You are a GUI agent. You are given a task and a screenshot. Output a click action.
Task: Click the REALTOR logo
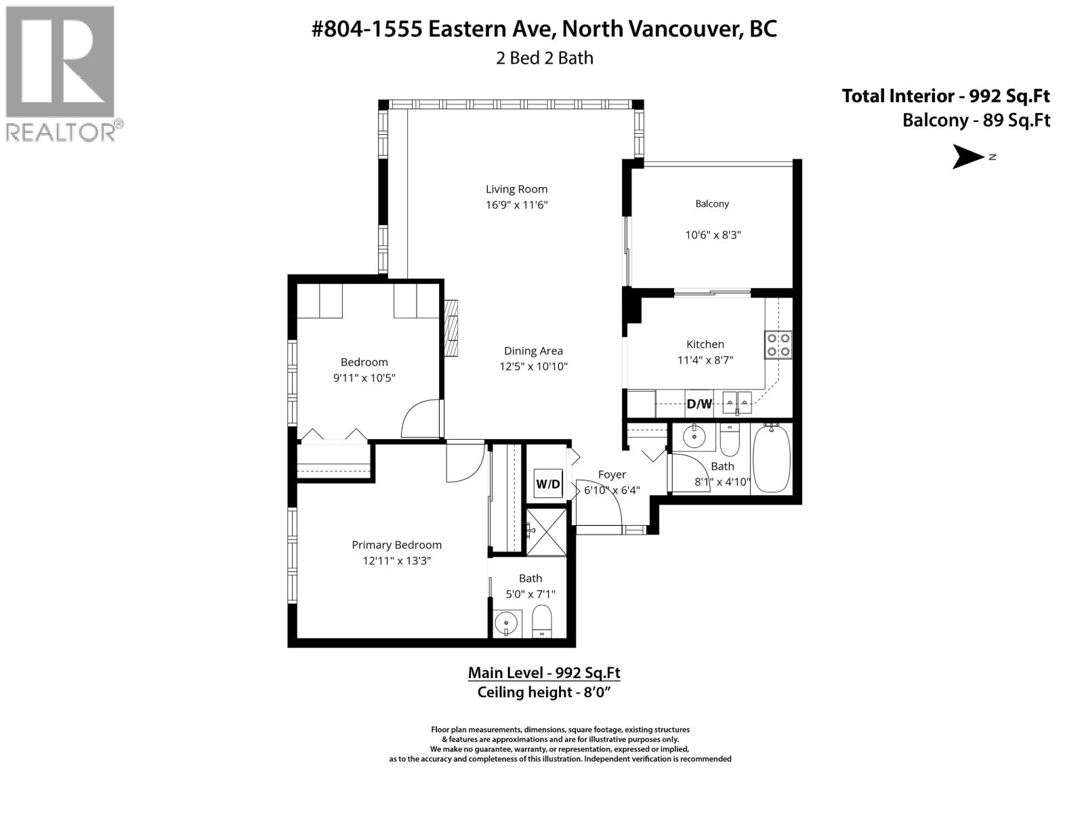point(62,73)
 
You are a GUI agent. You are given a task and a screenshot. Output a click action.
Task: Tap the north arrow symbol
point(969,157)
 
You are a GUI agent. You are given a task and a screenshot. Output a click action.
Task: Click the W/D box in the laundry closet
point(548,484)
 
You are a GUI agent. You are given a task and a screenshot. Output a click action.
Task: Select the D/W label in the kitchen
point(699,404)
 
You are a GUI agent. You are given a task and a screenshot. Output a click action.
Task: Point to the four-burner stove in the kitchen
point(778,344)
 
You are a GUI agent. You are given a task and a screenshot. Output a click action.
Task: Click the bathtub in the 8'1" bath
point(771,459)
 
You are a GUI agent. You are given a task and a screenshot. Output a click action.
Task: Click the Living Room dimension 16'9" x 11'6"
point(516,205)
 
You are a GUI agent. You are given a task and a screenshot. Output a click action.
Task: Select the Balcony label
point(712,203)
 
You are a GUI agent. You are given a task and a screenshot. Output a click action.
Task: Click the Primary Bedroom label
point(396,545)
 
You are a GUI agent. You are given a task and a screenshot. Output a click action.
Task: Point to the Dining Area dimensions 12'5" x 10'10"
point(533,367)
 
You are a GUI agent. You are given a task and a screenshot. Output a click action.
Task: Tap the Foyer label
point(612,474)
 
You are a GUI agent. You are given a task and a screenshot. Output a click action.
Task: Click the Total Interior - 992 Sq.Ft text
point(946,96)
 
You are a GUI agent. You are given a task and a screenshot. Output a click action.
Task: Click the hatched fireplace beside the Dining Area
point(451,328)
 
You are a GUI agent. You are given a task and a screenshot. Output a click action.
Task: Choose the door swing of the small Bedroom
point(422,420)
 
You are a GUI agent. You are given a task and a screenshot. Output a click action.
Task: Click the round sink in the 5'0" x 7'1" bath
point(505,621)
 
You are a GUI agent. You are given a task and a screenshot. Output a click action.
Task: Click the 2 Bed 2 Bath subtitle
point(544,58)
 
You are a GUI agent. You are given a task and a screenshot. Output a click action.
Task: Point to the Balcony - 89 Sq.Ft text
point(976,121)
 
